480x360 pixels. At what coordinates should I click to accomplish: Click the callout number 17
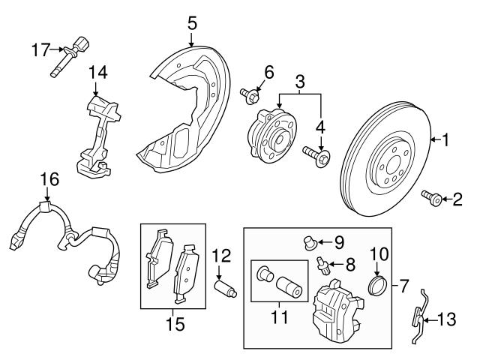point(40,50)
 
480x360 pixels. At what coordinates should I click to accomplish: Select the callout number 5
point(192,22)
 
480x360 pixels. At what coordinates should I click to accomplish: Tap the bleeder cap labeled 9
point(306,241)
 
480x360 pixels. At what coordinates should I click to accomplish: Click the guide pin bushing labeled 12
point(225,287)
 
